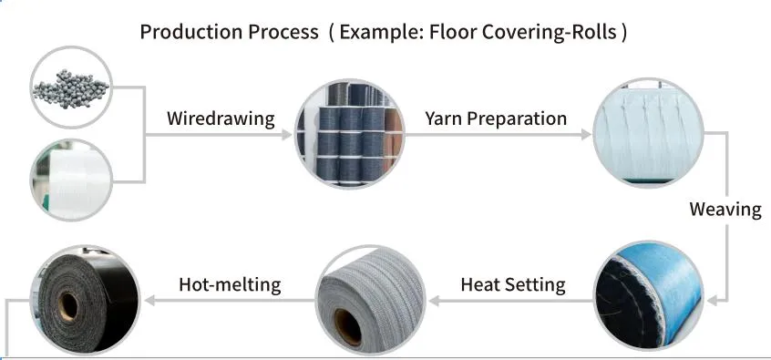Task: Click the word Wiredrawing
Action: tap(220, 118)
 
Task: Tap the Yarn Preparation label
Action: tap(496, 118)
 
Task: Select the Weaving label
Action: tap(725, 209)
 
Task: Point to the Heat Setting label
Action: tap(513, 284)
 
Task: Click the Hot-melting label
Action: tap(230, 284)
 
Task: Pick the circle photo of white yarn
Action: tap(71, 178)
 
